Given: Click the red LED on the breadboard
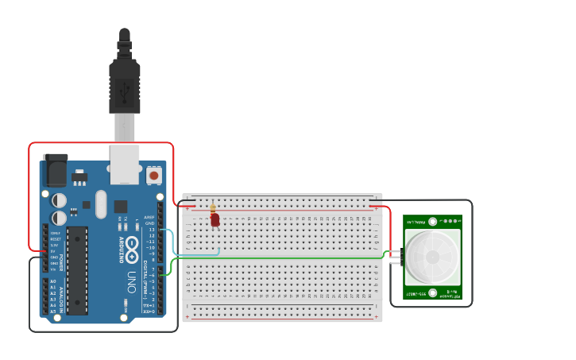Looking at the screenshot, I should (215, 220).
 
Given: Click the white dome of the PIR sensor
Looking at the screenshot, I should (432, 257).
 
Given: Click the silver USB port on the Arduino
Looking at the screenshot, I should (125, 164).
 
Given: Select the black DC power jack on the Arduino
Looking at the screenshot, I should (55, 170).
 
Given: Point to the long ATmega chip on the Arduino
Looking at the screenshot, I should (77, 271).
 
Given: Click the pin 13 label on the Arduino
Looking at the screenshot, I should (150, 230).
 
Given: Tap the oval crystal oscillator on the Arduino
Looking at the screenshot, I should (101, 203).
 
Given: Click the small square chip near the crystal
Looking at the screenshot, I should (120, 206).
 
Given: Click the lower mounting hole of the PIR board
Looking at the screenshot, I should (432, 293).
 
